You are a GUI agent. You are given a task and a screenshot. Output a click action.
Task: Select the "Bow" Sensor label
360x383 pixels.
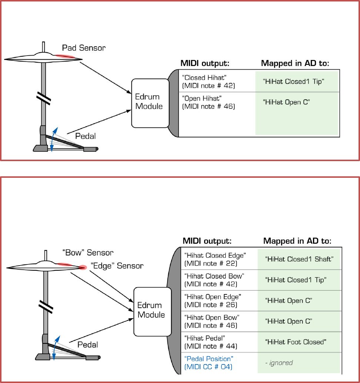pos(87,253)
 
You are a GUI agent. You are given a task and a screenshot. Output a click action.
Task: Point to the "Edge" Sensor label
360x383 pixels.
pos(116,266)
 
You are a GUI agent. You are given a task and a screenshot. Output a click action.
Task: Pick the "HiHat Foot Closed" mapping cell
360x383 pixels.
pos(295,342)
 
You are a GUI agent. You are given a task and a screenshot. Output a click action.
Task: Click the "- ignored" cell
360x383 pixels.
pos(279,363)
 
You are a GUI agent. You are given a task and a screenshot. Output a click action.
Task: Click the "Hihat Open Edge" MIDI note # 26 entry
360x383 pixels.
pos(213,300)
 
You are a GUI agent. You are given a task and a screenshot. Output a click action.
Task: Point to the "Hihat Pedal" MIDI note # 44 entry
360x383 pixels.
pos(210,342)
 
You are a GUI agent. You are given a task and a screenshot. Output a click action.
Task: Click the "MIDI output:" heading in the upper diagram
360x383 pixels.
pos(205,63)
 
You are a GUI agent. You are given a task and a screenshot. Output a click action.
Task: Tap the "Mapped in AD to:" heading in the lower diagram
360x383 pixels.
pos(297,241)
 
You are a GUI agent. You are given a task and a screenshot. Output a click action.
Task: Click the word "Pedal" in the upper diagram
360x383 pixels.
pos(86,136)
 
